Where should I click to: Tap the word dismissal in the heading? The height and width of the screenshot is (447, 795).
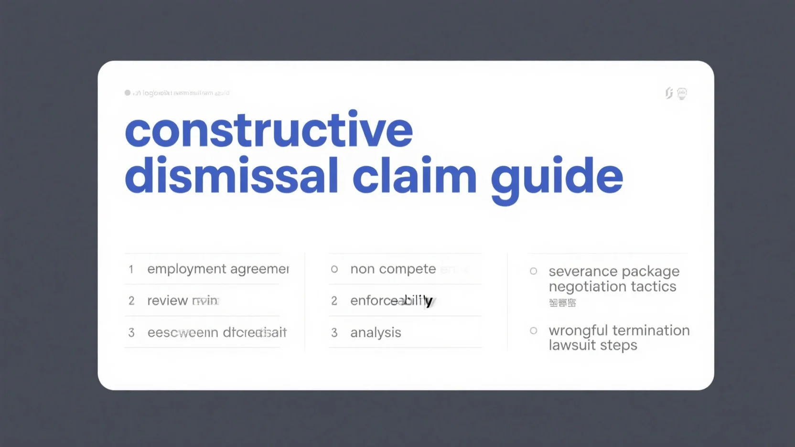coord(232,176)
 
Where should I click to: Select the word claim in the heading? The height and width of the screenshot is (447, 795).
coord(414,176)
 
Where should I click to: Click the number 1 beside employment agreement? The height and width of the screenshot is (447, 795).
coord(131,269)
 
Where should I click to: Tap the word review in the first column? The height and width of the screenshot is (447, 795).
coord(167,301)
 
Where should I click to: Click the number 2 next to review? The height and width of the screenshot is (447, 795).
coord(131,301)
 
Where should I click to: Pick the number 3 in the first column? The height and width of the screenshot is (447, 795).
coord(131,333)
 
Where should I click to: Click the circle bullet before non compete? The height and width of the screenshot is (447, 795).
coord(334,269)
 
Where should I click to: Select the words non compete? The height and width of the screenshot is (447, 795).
coord(393,269)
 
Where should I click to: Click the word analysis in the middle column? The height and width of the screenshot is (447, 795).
coord(376,333)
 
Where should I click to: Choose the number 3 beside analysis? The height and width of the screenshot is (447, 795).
coord(334,333)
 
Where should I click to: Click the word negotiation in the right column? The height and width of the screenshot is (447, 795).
coord(581,287)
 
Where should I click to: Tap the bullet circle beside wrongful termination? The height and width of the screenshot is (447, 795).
coord(534,330)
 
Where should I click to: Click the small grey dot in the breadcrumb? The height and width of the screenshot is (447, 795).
coord(128,93)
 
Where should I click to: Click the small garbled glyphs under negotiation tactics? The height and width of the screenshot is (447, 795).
coord(562,303)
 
